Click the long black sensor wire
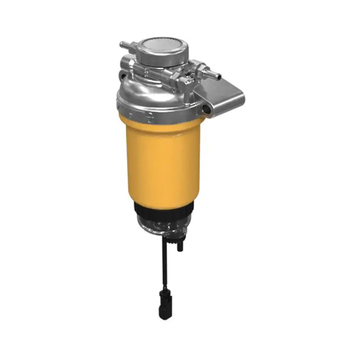(166, 266)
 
